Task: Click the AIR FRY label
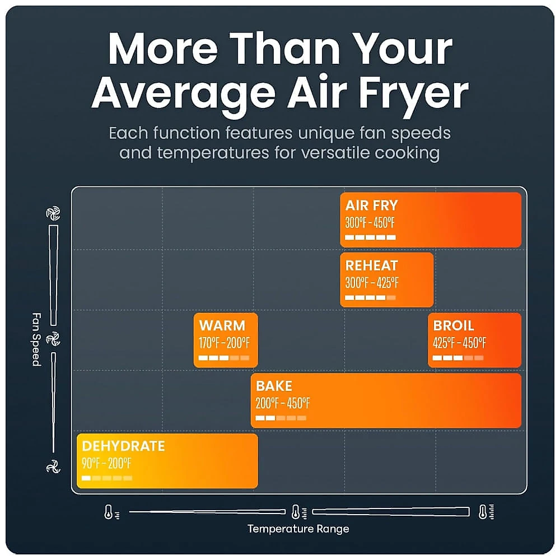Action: click(x=371, y=206)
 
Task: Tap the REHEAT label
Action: click(x=371, y=265)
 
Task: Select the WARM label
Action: click(x=222, y=325)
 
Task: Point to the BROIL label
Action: click(x=454, y=325)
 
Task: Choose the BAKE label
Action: click(x=274, y=386)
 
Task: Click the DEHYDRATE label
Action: click(x=124, y=446)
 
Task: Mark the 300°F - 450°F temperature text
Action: click(x=370, y=222)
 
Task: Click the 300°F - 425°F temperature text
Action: click(x=372, y=283)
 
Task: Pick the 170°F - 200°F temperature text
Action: click(x=225, y=343)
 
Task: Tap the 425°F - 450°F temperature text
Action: click(x=459, y=343)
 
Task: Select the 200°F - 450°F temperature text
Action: click(x=282, y=403)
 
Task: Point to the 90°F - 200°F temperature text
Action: click(x=106, y=463)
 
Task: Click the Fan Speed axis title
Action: click(x=37, y=339)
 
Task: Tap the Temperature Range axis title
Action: click(x=298, y=529)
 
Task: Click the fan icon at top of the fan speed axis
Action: click(x=53, y=213)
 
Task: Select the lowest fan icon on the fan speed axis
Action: click(x=53, y=466)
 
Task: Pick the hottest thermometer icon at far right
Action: click(x=486, y=512)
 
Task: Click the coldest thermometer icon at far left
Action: click(x=111, y=512)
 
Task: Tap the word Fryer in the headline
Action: click(x=414, y=94)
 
